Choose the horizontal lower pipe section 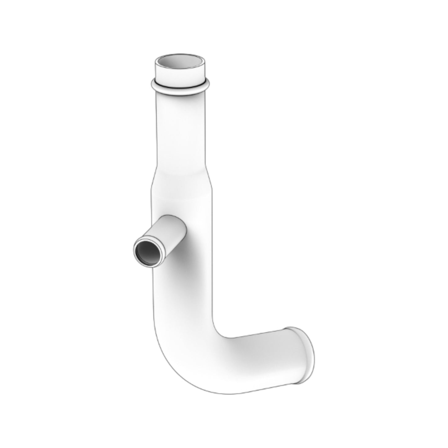pyautogui.click(x=260, y=360)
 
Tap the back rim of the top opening pyautogui.click(x=180, y=57)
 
